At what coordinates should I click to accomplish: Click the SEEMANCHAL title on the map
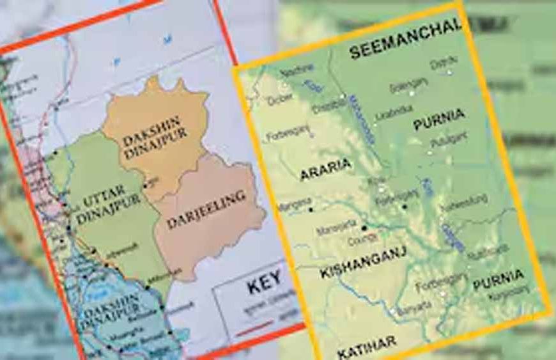[405, 41]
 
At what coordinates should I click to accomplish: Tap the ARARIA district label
[326, 165]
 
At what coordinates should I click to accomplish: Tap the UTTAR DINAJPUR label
[103, 208]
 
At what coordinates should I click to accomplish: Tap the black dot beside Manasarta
[364, 227]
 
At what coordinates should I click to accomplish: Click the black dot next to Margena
[311, 208]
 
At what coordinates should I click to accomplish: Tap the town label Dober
[279, 100]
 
